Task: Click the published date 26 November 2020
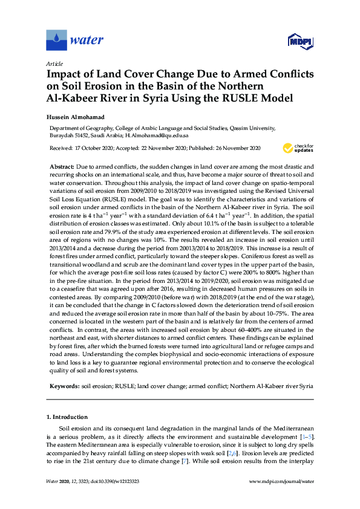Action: coord(235,148)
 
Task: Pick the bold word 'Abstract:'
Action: coord(62,165)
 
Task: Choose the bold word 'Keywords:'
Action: coord(64,384)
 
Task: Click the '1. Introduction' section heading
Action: coord(67,417)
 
